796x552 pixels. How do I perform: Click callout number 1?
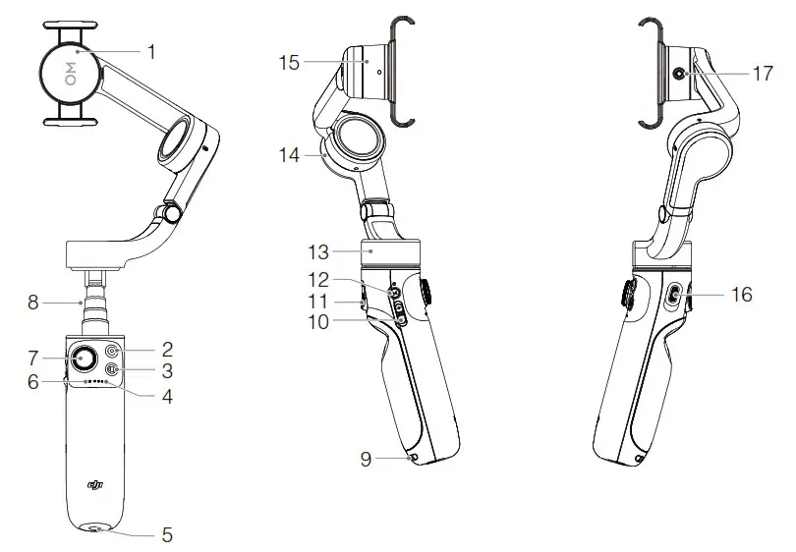click(x=151, y=50)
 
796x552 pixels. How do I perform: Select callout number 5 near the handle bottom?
click(x=167, y=535)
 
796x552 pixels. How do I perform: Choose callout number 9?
click(x=367, y=458)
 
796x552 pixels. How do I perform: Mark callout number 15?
click(x=288, y=62)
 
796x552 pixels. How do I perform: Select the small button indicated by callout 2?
click(x=113, y=350)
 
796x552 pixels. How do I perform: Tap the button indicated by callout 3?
click(x=112, y=369)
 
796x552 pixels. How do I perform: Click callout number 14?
click(x=288, y=154)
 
